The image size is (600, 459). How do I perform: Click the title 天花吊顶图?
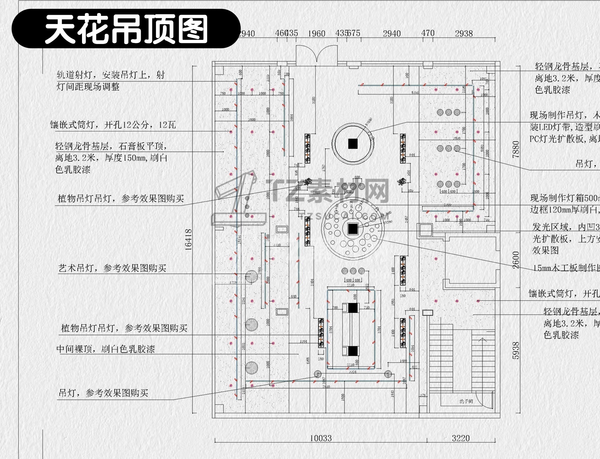click(x=126, y=29)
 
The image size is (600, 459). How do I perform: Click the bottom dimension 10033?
click(x=321, y=438)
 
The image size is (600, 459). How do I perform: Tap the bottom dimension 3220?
click(x=461, y=438)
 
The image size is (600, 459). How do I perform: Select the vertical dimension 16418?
click(x=189, y=240)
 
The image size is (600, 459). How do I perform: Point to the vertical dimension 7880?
click(x=516, y=149)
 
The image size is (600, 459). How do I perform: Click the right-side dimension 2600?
click(x=516, y=260)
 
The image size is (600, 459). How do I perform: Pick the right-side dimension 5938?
click(x=516, y=350)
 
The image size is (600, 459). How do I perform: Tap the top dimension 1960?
click(x=316, y=34)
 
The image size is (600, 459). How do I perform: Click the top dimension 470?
click(x=428, y=33)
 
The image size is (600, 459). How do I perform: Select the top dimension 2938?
click(x=463, y=33)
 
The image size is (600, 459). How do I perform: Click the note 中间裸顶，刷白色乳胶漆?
click(x=106, y=349)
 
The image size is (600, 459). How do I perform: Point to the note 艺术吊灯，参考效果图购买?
click(x=112, y=268)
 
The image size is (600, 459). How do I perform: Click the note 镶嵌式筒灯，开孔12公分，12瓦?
click(x=113, y=125)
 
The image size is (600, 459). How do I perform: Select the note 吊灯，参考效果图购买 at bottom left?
click(x=103, y=393)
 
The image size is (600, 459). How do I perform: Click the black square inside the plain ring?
click(x=353, y=144)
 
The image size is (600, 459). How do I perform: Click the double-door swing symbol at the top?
click(x=317, y=56)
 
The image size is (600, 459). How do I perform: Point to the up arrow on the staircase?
click(x=482, y=340)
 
